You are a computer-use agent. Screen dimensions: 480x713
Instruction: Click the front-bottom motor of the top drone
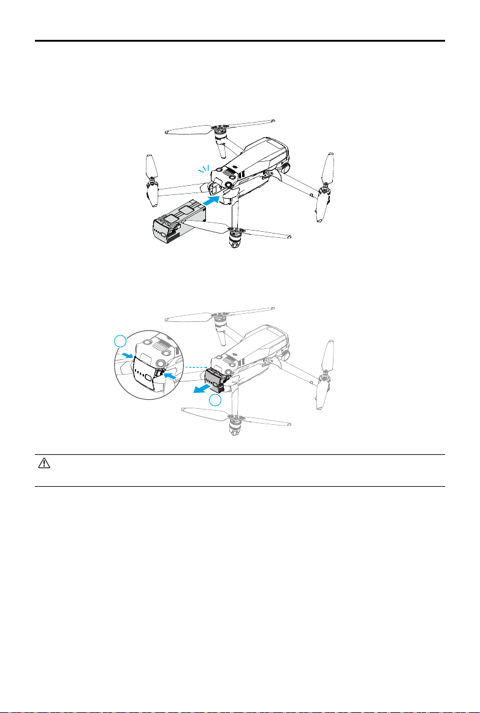coord(234,236)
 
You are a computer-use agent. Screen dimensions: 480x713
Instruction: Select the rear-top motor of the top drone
coord(219,129)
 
